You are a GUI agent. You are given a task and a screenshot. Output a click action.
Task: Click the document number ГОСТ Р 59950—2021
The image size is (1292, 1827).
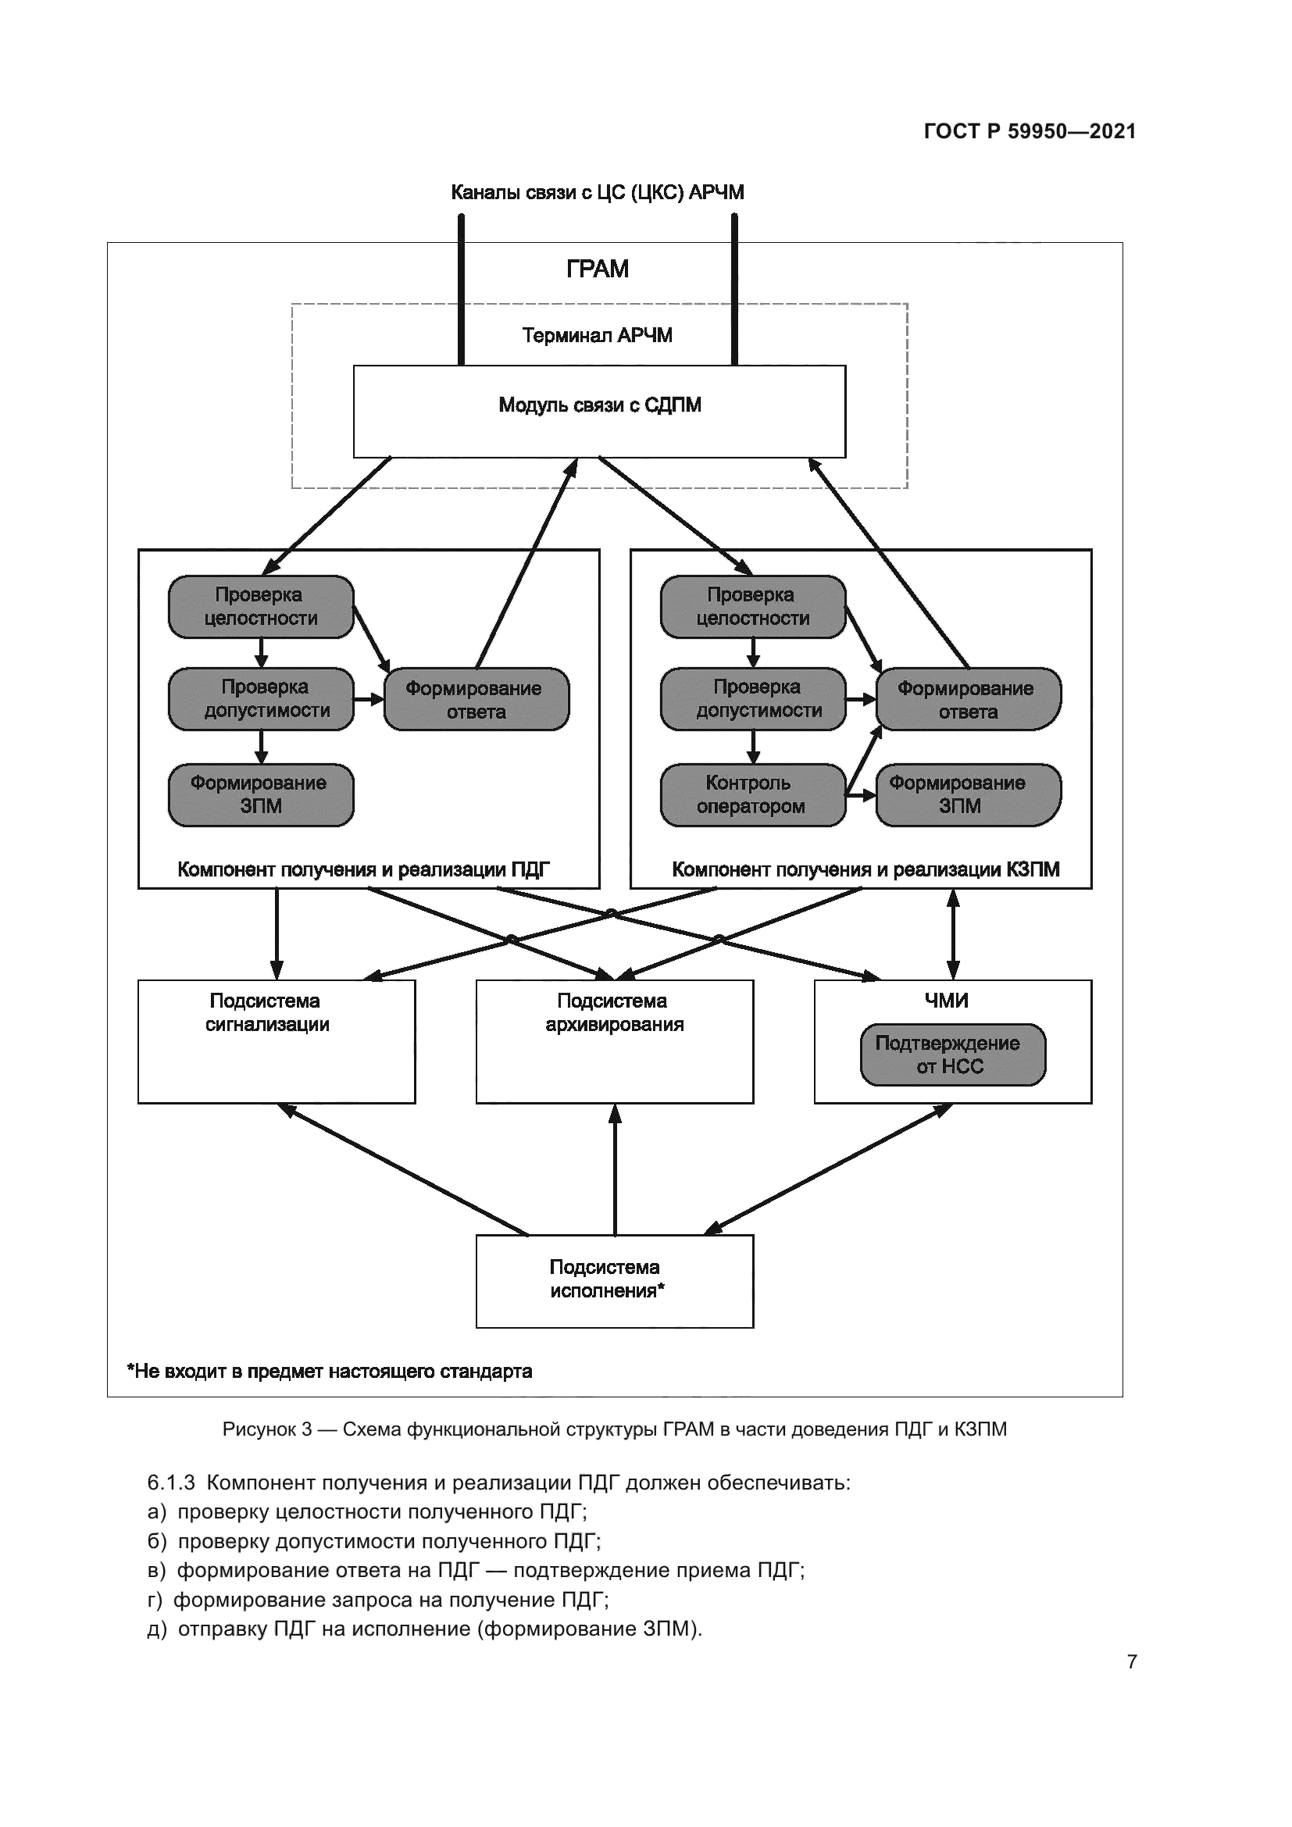tap(1030, 131)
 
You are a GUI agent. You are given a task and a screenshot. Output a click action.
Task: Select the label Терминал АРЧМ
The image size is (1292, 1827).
tap(597, 335)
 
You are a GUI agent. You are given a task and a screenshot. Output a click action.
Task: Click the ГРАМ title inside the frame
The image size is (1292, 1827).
tap(597, 269)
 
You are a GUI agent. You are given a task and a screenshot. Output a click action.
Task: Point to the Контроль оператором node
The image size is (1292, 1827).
tap(752, 795)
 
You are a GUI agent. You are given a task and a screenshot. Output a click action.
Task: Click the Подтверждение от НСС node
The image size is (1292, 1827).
tap(952, 1054)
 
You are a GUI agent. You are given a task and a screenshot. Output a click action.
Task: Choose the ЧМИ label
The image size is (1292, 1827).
tap(946, 1001)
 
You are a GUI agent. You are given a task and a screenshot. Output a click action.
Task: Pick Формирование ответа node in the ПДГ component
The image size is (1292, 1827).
tap(476, 699)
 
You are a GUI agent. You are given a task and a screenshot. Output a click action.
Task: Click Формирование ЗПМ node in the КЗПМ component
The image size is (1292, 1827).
tap(967, 795)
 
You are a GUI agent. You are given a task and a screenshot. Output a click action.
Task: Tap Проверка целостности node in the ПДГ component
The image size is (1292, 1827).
tap(261, 606)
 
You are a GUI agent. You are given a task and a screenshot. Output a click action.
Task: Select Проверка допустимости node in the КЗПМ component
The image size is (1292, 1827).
tap(752, 698)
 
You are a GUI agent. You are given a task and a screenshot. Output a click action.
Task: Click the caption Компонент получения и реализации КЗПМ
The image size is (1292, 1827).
tap(865, 869)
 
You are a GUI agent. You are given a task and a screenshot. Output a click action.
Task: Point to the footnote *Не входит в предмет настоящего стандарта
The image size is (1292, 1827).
tap(330, 1371)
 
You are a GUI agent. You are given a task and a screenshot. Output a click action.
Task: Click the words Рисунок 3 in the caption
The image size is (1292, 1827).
tap(266, 1429)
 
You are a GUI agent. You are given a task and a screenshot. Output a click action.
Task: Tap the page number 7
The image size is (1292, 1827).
tap(1131, 1661)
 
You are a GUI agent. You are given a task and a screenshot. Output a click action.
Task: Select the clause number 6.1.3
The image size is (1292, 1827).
tap(171, 1483)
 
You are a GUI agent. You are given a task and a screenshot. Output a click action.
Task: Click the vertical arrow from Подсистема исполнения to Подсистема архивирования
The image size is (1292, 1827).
tap(615, 1170)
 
